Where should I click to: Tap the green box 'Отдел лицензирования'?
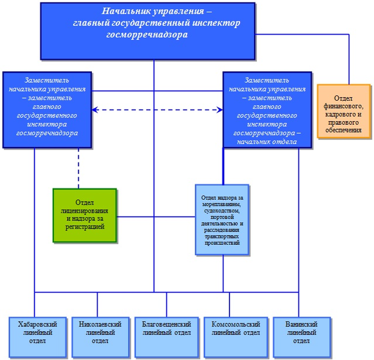pos(85,215)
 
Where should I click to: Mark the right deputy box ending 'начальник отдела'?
pos(267,109)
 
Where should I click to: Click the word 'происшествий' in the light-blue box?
pos(222,244)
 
